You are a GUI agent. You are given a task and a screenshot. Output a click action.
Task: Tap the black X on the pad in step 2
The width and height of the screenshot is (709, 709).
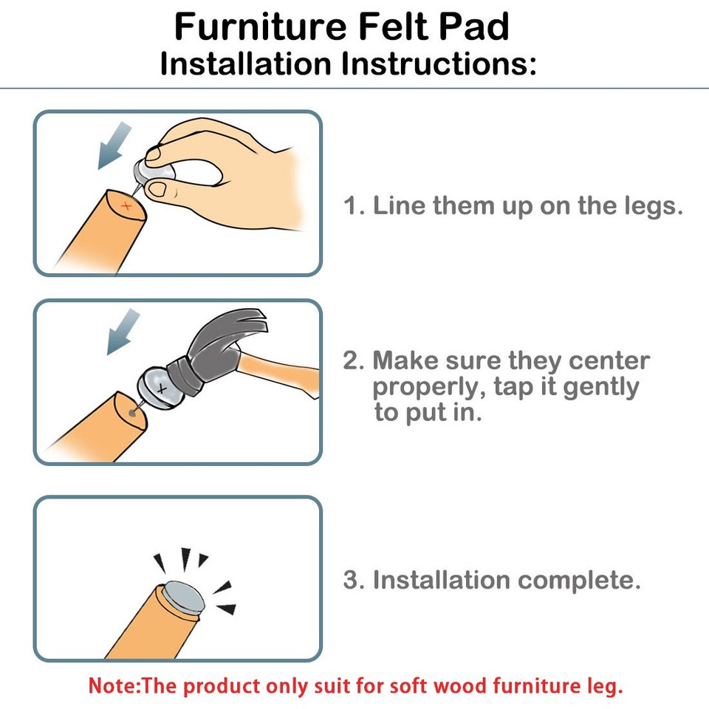pos(162,387)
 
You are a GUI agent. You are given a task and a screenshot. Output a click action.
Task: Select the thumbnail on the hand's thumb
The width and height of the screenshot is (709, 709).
pos(158,190)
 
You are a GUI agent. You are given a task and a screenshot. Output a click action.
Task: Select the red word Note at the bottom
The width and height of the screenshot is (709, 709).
pos(111,685)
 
